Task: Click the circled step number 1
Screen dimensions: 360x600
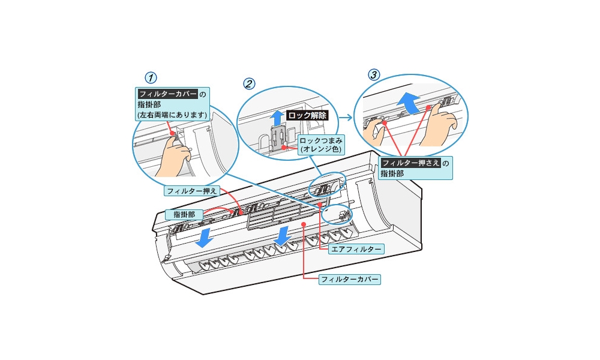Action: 152,77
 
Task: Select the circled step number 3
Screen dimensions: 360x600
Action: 374,74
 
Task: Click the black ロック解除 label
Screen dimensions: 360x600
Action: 307,115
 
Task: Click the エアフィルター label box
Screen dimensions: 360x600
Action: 356,248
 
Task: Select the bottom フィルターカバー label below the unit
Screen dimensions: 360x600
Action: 350,279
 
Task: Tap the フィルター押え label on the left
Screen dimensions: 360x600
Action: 191,191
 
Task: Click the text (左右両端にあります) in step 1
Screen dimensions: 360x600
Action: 172,114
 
